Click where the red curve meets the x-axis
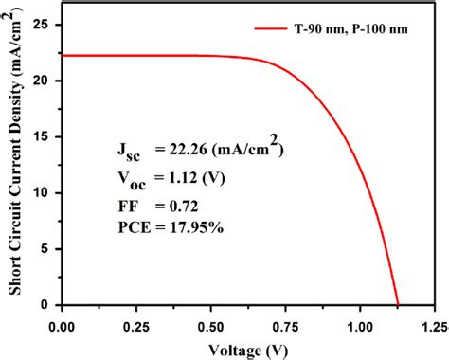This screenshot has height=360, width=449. click(398, 304)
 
